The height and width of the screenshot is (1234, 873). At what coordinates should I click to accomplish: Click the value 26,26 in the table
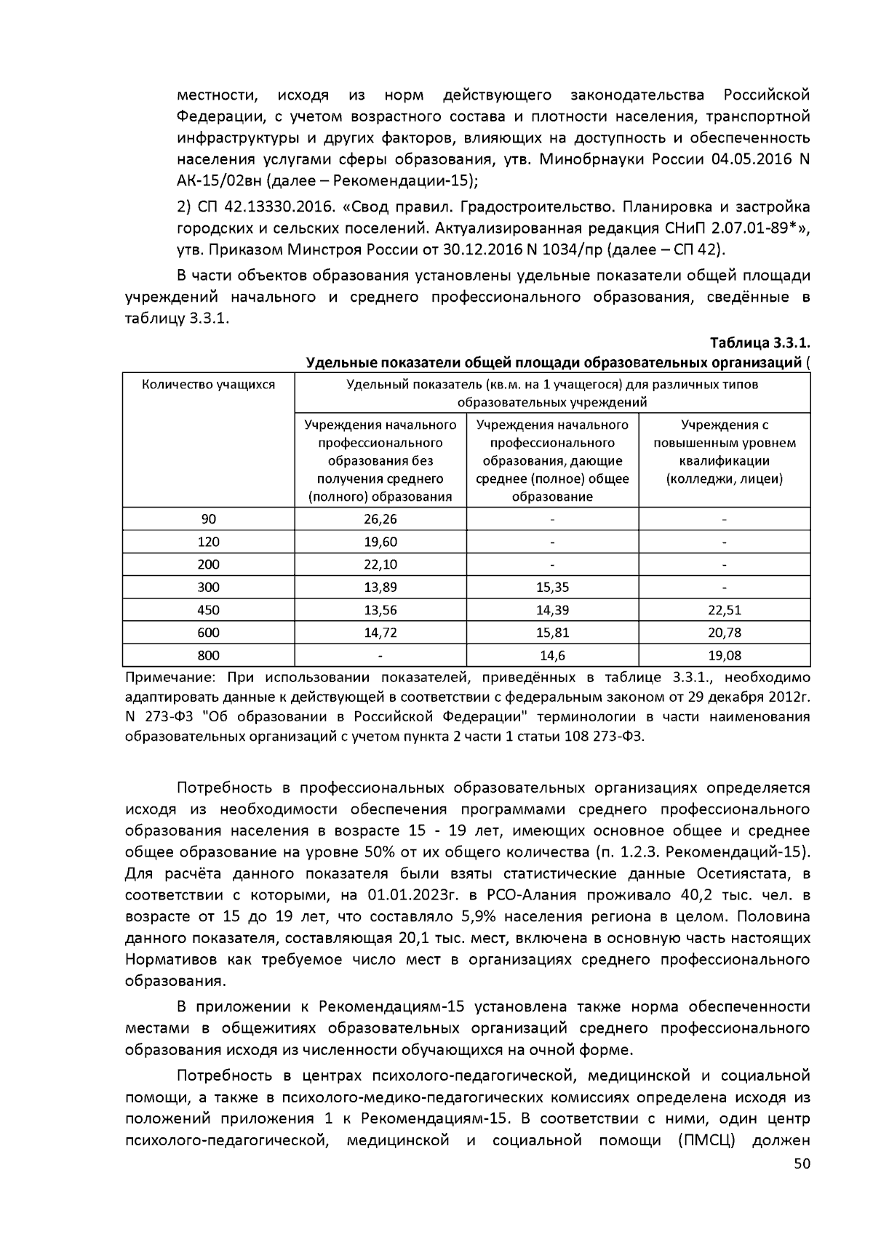click(380, 519)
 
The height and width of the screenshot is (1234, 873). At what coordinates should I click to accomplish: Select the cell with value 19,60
click(380, 542)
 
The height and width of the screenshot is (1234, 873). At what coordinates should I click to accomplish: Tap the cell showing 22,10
click(380, 564)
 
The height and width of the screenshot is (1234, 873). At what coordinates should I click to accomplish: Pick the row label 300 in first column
click(209, 588)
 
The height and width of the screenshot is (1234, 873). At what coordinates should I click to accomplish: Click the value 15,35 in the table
click(552, 588)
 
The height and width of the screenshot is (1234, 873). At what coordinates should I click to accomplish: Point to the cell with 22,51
click(724, 610)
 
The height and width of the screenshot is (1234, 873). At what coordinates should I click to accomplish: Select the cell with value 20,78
click(724, 633)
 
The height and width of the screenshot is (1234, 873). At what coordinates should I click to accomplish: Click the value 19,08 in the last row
click(724, 655)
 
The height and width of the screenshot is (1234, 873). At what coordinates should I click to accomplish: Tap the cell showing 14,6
click(552, 655)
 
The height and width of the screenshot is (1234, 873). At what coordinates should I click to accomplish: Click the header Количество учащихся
click(209, 385)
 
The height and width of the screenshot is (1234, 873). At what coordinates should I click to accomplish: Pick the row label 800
click(209, 655)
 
